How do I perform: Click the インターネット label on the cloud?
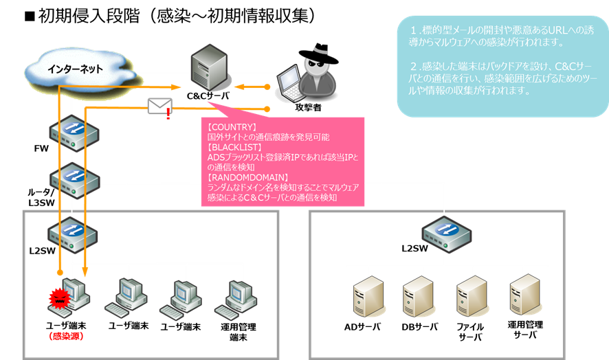coord(75,69)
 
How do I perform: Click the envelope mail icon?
coord(159,106)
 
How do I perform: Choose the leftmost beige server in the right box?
coord(366,296)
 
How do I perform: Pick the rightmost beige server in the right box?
coord(523,296)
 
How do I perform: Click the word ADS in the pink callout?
coord(215,157)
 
